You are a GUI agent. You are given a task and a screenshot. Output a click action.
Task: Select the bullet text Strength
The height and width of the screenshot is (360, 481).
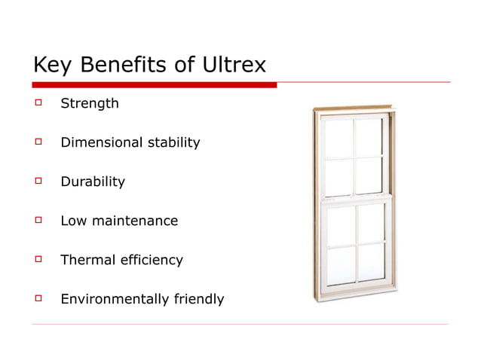(89, 103)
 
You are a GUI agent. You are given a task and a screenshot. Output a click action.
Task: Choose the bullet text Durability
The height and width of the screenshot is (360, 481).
(92, 182)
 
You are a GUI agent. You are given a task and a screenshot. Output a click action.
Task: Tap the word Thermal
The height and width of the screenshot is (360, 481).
(86, 260)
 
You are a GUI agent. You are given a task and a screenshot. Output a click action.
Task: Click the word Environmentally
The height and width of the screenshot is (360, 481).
(112, 299)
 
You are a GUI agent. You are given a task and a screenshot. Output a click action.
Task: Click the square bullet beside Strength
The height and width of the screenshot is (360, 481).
(36, 102)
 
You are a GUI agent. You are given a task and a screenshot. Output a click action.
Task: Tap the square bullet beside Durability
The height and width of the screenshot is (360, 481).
(36, 181)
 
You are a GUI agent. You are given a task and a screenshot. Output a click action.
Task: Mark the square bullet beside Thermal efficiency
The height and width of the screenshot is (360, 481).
(36, 259)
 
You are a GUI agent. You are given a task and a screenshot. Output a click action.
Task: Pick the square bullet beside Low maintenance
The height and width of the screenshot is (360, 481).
(36, 220)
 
